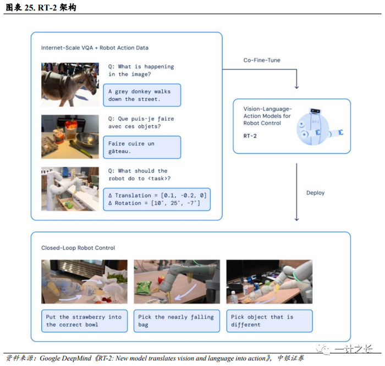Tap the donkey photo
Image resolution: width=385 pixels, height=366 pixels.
pyautogui.click(x=70, y=84)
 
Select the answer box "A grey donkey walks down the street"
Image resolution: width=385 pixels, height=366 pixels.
pyautogui.click(x=141, y=95)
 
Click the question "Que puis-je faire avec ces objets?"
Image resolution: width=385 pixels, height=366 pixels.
pyautogui.click(x=140, y=123)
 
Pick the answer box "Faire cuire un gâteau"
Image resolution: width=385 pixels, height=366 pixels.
pyautogui.click(x=141, y=147)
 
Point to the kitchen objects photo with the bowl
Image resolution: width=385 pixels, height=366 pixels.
pyautogui.click(x=70, y=136)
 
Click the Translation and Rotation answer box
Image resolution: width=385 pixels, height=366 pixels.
pyautogui.click(x=157, y=199)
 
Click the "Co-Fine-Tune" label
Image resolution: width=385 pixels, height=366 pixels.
pyautogui.click(x=261, y=60)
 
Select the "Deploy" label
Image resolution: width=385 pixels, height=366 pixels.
pyautogui.click(x=315, y=193)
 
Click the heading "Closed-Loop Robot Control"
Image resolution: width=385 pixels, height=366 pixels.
pyautogui.click(x=78, y=248)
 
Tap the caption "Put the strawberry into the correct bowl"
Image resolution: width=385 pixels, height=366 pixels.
pyautogui.click(x=84, y=321)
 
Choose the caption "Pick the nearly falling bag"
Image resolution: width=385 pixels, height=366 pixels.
pyautogui.click(x=176, y=321)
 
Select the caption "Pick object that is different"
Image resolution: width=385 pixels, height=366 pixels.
pyautogui.click(x=269, y=321)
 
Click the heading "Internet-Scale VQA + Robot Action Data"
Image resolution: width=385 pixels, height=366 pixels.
pyautogui.click(x=95, y=48)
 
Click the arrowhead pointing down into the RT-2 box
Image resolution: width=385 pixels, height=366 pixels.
pyautogui.click(x=296, y=86)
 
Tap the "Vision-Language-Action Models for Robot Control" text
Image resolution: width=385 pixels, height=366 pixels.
pyautogui.click(x=267, y=116)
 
